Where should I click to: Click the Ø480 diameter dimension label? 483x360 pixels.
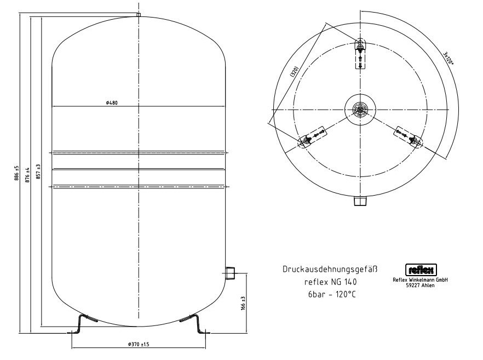(x=112, y=102)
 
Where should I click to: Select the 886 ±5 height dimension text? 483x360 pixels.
(x=17, y=173)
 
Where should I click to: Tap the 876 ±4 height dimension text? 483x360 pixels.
(x=27, y=175)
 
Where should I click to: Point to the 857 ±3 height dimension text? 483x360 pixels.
(x=38, y=172)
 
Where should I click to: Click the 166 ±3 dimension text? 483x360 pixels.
(x=243, y=304)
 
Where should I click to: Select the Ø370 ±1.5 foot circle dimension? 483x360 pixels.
(x=139, y=344)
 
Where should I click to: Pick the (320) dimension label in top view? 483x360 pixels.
(x=294, y=71)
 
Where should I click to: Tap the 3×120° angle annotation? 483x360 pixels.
(x=448, y=58)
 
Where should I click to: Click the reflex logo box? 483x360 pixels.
(x=421, y=270)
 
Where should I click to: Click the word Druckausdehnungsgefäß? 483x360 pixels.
(x=330, y=269)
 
